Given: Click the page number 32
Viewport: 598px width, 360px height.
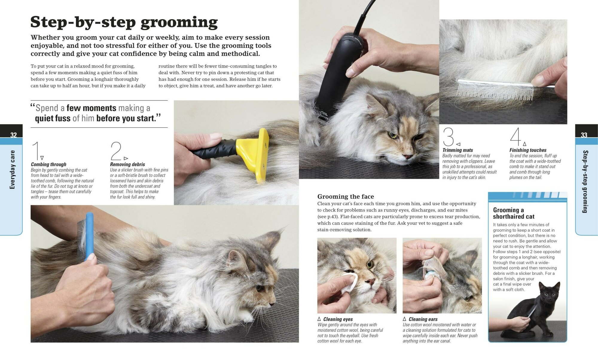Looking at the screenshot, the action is click(13, 135).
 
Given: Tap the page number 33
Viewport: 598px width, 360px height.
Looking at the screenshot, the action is click(584, 135).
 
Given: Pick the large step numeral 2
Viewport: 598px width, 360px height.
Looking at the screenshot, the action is click(116, 151).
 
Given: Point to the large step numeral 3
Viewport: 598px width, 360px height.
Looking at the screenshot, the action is click(448, 137).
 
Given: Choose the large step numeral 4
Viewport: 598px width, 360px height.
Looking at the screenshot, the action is click(515, 137).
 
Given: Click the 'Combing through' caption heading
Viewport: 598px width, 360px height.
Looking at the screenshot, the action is click(49, 164).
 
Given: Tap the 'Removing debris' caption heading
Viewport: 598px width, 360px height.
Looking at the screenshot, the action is click(127, 164).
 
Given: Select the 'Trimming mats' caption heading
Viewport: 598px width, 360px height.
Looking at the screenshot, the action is click(457, 150).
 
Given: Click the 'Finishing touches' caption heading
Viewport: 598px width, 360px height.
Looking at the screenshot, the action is click(528, 150).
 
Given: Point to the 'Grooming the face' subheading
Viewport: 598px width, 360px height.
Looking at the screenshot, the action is click(346, 197).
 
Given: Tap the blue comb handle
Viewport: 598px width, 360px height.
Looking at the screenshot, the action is click(89, 236).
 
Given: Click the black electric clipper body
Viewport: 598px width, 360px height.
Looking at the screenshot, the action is click(338, 78).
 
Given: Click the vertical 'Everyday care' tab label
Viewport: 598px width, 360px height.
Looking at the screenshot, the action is click(12, 170).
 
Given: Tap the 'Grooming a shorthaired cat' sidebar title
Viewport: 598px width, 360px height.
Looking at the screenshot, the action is click(514, 213).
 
